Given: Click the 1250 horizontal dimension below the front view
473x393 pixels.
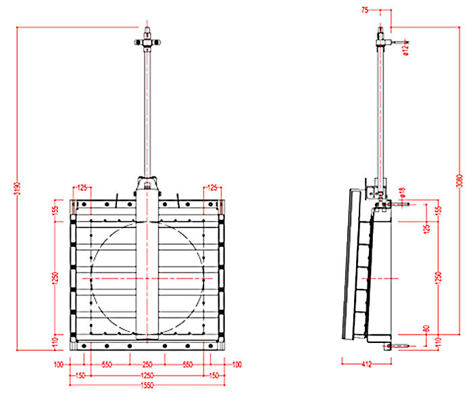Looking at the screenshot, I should click(x=147, y=375).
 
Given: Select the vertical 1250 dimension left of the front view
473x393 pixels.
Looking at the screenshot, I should click(x=55, y=278).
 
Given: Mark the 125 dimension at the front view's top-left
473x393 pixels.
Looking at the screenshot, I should click(x=83, y=187).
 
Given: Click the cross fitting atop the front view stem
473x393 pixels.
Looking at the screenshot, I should click(x=147, y=43).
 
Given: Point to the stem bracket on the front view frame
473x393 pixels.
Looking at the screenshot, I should click(x=147, y=185).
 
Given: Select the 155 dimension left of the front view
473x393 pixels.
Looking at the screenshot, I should click(x=55, y=211).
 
